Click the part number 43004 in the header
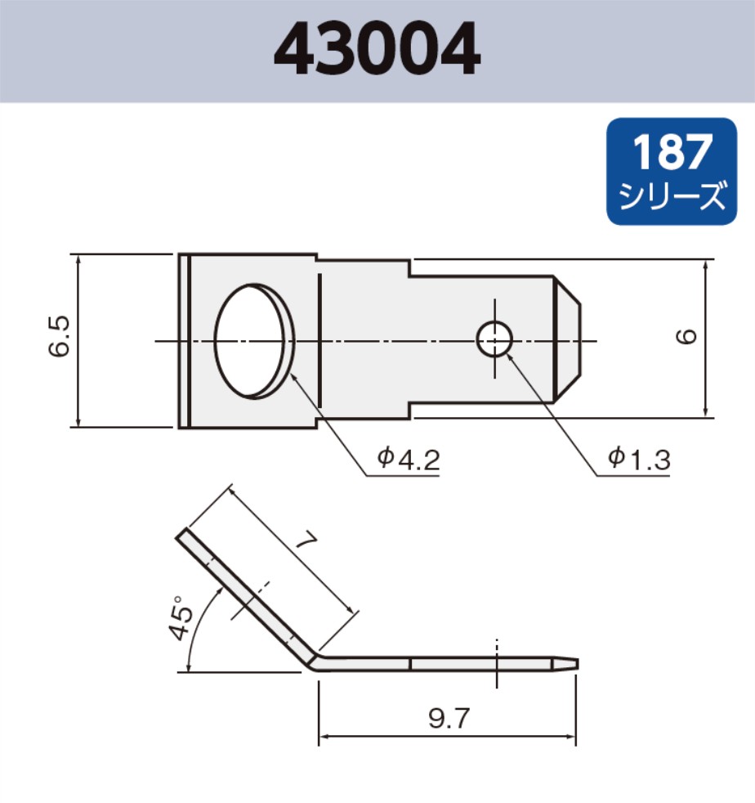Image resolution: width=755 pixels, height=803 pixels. pos(377,51)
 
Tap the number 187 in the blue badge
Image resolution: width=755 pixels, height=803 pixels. pos(672,152)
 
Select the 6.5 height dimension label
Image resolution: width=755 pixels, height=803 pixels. pos(60,337)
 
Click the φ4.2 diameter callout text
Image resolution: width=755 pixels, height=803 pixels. pos(408,458)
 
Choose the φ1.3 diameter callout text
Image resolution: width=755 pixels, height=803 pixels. pos(640,459)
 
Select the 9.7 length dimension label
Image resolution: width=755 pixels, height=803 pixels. pos(449,719)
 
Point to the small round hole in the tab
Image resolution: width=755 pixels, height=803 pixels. pos(494,339)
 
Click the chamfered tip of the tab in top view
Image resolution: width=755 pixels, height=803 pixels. pos(570,339)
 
